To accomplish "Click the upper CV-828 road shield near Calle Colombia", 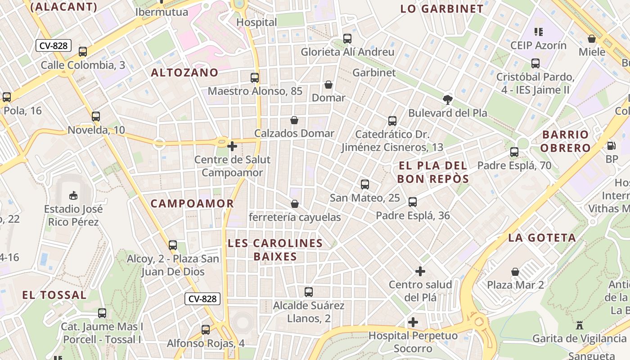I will pos(54,45).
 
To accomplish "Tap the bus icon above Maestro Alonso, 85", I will pos(255,78).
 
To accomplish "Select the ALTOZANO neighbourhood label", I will pos(184,72).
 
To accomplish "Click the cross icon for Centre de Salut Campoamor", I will pos(232,146).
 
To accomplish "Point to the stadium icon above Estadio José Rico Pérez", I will pos(73,195).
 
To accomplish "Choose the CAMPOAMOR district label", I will pos(192,203).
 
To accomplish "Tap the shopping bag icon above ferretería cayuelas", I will pos(295,204).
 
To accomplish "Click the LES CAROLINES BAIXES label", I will pos(275,250).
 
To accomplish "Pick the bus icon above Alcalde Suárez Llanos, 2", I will pos(309,292).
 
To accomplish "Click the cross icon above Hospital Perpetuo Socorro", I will pos(413,322).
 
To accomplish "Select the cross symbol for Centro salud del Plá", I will pos(420,271).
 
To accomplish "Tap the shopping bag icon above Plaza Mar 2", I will pos(515,272).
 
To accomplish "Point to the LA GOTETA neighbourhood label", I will pos(542,238).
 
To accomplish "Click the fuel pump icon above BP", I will pos(612,146).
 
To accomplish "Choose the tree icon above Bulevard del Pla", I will pos(448,99).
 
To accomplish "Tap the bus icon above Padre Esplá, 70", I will pos(514,152).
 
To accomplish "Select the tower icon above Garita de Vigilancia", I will pos(580,325).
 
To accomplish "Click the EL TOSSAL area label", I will pos(54,295).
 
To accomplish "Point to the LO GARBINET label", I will pos(442,9).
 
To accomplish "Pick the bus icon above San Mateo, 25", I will pos(365,184).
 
